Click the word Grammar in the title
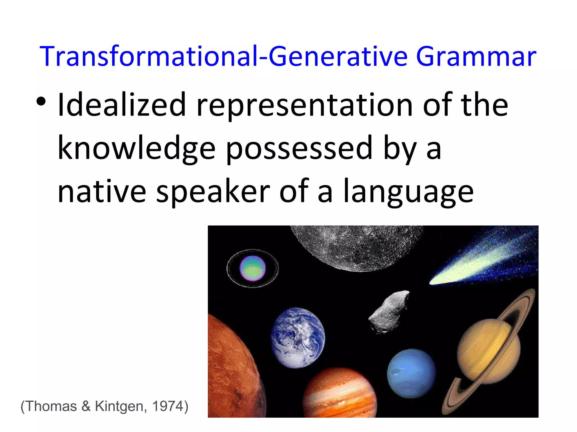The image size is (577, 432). tap(476, 57)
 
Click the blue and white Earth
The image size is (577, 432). tap(298, 337)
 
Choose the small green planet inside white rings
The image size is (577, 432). tap(252, 268)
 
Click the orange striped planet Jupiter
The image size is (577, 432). tap(339, 394)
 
